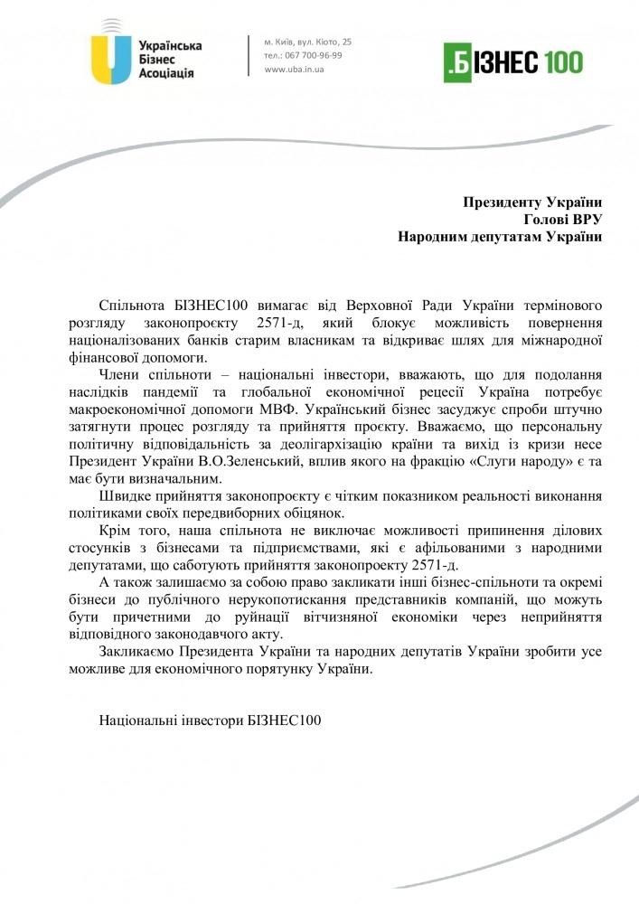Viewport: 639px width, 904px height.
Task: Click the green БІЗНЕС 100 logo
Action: point(513,61)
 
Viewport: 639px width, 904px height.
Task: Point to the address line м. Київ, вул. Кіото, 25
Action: point(308,42)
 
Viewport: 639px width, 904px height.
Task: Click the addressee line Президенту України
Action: point(532,202)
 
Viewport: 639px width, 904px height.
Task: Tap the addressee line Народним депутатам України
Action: point(500,237)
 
